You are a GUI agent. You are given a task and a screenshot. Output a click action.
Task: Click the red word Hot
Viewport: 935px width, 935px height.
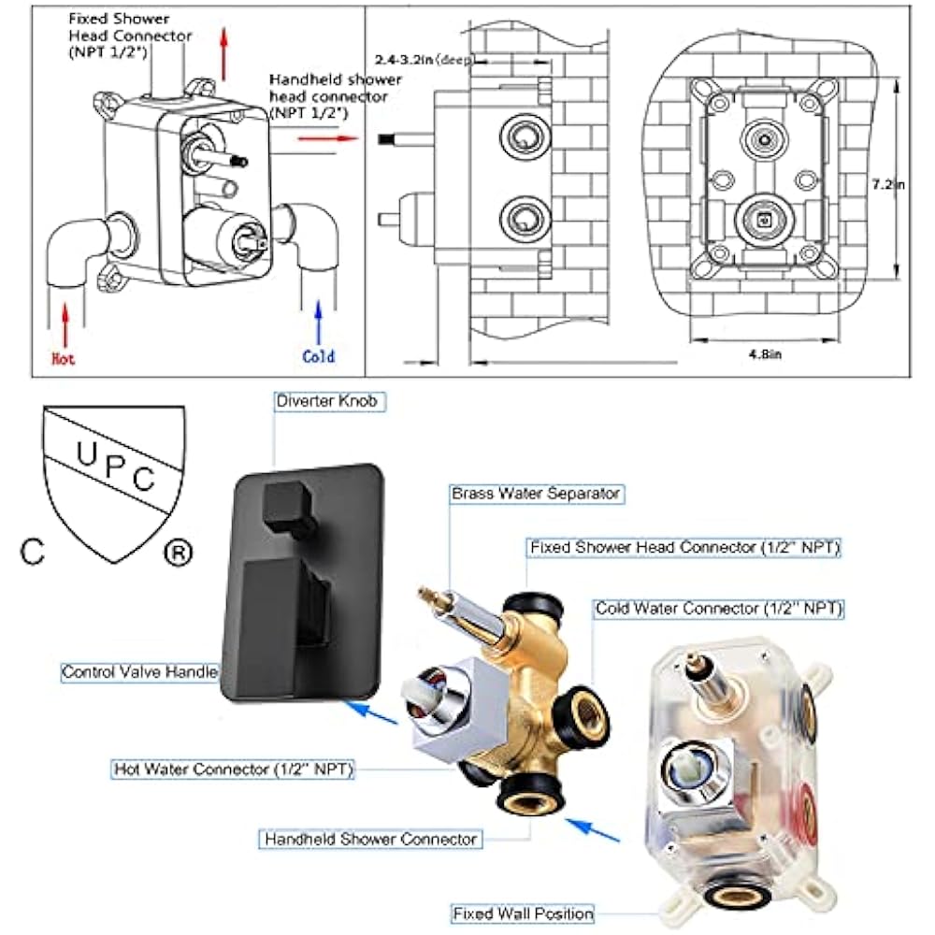click(63, 358)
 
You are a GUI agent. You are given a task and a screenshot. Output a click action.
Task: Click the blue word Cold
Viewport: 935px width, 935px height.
click(318, 356)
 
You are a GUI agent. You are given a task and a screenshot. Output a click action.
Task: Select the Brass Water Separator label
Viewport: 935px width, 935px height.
click(536, 492)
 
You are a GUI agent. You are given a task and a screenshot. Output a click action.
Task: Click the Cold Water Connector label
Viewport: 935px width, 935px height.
click(719, 609)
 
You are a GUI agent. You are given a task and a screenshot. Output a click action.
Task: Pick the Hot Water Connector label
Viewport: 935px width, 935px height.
click(233, 770)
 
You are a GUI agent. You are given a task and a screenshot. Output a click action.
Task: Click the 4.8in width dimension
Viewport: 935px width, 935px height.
click(766, 353)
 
